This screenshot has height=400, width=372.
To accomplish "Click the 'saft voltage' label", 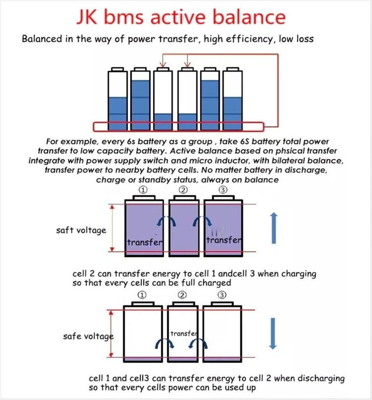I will [81, 230].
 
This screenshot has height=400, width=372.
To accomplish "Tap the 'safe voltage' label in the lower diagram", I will [88, 336].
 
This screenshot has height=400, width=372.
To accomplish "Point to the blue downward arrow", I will [273, 333].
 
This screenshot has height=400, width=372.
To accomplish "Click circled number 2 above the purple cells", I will [184, 190].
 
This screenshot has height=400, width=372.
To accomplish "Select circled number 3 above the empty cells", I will [222, 295].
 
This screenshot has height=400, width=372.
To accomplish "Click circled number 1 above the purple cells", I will [143, 190].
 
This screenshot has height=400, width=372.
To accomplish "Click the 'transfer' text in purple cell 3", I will [223, 240].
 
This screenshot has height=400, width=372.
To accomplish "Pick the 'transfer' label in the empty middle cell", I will [184, 334].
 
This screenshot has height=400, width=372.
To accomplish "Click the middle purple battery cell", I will [184, 227].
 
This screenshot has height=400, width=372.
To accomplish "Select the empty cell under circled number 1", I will [142, 332].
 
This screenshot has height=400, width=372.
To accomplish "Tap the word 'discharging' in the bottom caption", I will [320, 379].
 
